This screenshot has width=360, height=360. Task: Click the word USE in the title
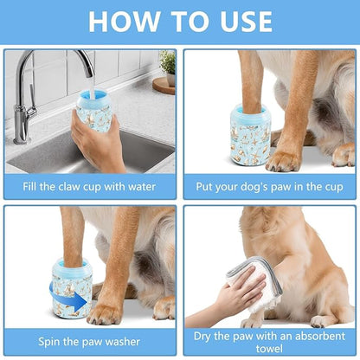click(x=241, y=20)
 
